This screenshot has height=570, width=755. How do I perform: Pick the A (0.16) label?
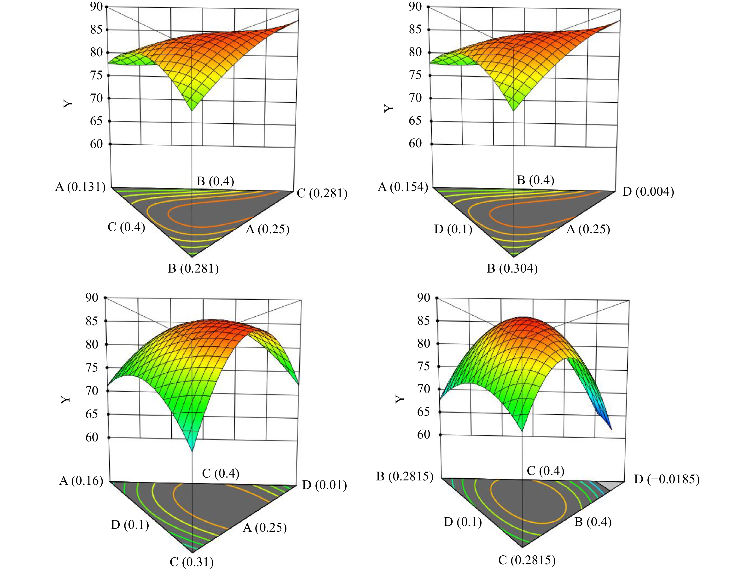pyautogui.click(x=81, y=481)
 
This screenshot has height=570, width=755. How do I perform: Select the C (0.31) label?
pyautogui.click(x=192, y=561)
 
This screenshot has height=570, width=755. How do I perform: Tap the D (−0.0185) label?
pyautogui.click(x=667, y=479)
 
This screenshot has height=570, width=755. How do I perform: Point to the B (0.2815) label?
pyautogui.click(x=405, y=476)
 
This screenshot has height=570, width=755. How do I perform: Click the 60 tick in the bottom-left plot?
pyautogui.click(x=92, y=437)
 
